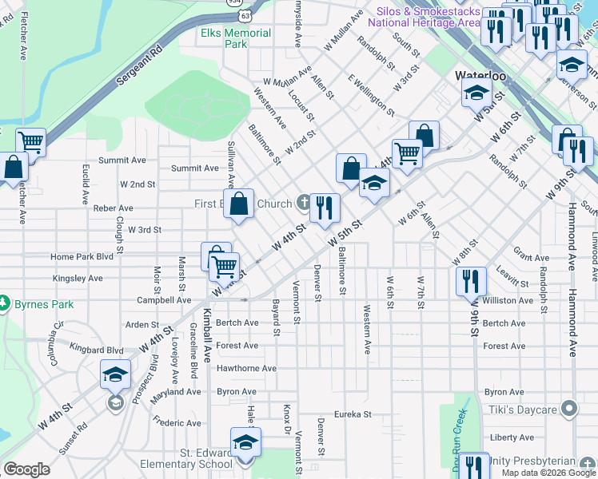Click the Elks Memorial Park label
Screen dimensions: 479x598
pyautogui.click(x=236, y=39)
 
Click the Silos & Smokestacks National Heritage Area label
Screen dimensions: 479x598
pyautogui.click(x=423, y=18)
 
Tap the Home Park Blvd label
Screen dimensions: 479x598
pyautogui.click(x=82, y=257)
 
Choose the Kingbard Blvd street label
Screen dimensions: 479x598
pyautogui.click(x=97, y=350)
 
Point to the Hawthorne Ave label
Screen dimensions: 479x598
pyautogui.click(x=246, y=369)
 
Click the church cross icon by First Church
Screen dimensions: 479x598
pyautogui.click(x=302, y=204)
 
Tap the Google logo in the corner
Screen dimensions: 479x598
pyautogui.click(x=26, y=469)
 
